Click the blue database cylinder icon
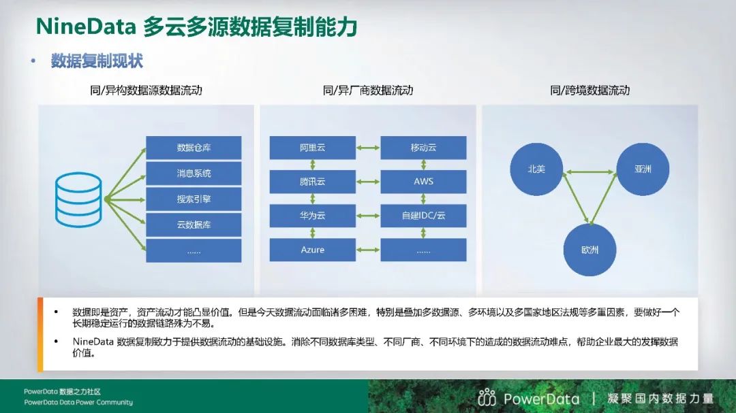78,200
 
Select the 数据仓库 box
194,148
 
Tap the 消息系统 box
194,174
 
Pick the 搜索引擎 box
194,199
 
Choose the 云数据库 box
194,225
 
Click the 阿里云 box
313,148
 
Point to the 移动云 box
423,148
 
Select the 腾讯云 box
313,182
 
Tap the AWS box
423,182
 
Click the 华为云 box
313,216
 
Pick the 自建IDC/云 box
423,216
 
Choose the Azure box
313,250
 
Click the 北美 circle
536,169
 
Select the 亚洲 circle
643,169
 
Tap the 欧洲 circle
589,250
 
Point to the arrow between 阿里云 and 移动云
368,148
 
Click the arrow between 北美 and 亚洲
589,172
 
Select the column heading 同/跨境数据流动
590,90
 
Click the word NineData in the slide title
86,27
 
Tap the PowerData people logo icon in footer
487,397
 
